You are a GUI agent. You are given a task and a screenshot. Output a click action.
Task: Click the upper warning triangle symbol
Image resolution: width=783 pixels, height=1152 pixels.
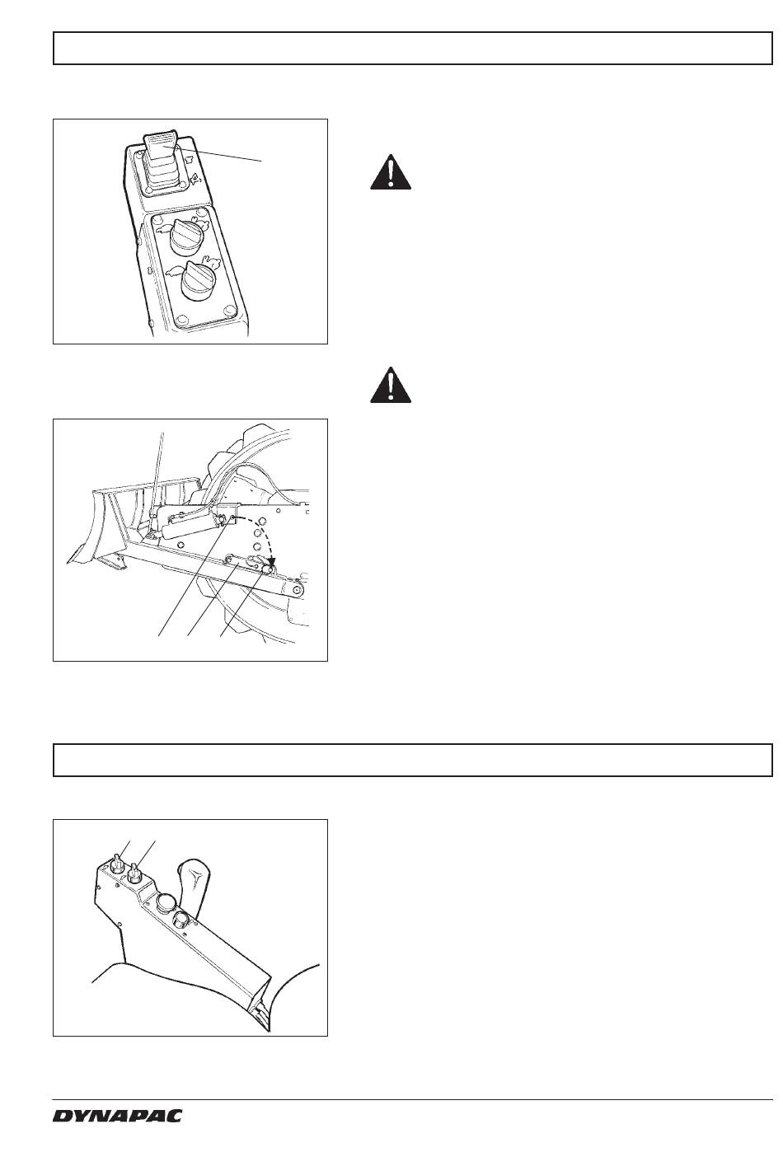click(x=391, y=172)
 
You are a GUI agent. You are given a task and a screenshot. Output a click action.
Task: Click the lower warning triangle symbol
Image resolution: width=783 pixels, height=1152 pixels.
click(x=391, y=385)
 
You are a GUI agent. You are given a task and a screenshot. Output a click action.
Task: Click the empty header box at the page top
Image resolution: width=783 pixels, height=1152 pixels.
click(x=413, y=48)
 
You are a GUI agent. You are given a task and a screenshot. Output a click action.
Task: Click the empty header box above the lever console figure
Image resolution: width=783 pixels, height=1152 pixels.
click(x=413, y=760)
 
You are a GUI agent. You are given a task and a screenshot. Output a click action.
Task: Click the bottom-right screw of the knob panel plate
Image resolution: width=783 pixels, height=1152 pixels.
click(x=228, y=310)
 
